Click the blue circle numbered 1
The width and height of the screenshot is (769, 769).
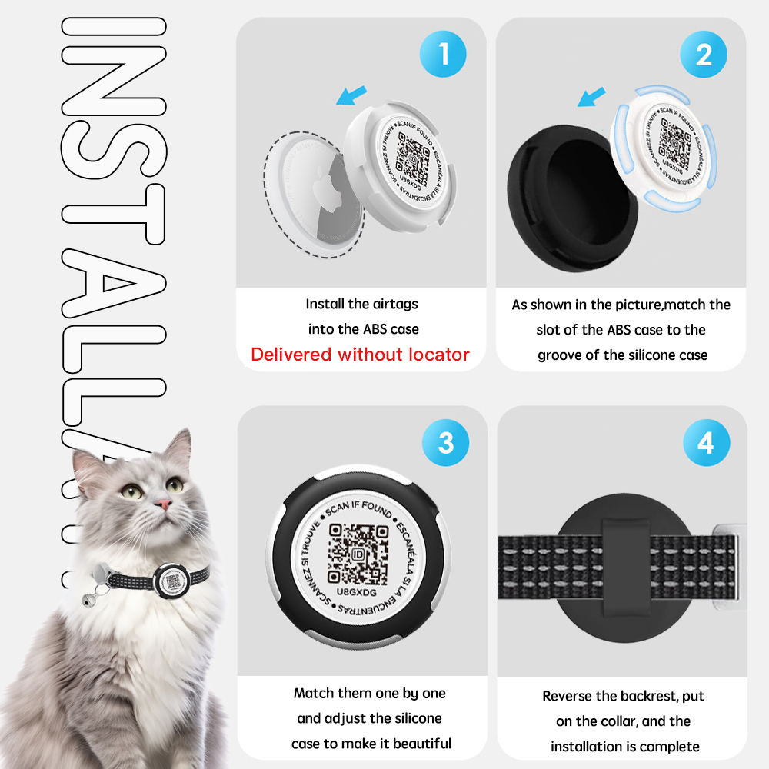[x=444, y=55]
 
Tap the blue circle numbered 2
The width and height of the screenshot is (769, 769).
[x=704, y=55]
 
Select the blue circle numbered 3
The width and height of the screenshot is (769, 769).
[x=446, y=444]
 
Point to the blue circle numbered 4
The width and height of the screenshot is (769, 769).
[x=705, y=444]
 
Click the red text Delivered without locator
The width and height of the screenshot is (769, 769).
[x=360, y=355]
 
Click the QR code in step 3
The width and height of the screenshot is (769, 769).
[x=358, y=553]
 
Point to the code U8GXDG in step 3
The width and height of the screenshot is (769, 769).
[x=358, y=593]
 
